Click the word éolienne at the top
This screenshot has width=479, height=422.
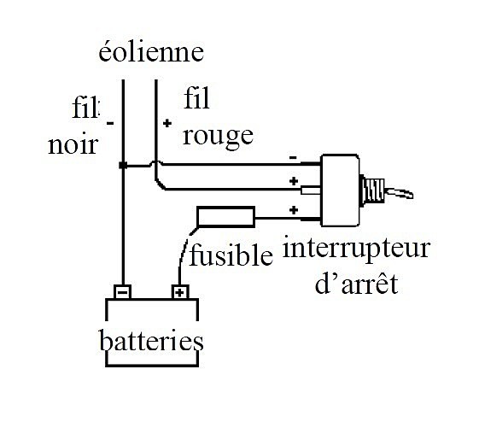coord(151,52)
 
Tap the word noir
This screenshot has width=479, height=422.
coord(73,144)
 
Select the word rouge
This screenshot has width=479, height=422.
coord(218,138)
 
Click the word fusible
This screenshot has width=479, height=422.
coord(231,255)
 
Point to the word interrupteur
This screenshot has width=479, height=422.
coord(357,249)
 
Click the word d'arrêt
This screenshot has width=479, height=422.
coord(357,284)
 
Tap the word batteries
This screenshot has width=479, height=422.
coord(151,340)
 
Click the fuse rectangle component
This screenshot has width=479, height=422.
coord(225,217)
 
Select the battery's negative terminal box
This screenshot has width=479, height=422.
coord(122,292)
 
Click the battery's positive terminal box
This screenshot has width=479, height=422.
coord(180,292)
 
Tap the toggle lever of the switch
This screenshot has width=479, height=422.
coord(399,193)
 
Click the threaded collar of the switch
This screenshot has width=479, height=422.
coord(372,190)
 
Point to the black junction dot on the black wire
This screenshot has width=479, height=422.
coord(123,166)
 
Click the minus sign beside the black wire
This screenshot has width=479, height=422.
coord(110,124)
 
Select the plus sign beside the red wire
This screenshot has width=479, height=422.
coord(167,124)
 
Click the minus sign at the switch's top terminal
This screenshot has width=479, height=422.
coord(293,158)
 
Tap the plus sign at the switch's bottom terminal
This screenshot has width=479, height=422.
coord(294,210)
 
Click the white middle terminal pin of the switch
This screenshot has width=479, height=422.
coord(311,190)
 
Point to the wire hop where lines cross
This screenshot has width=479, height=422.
coord(156,163)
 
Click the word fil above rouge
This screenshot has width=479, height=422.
coord(196,98)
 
